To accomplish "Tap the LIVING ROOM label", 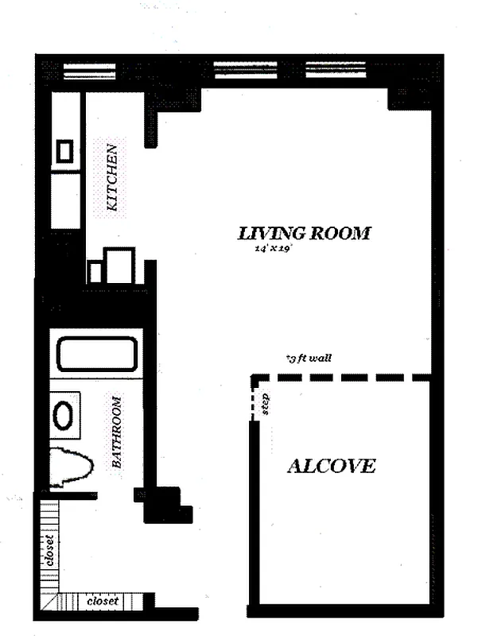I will (305, 234).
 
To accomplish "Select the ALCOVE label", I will (331, 467).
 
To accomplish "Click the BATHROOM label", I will (116, 432).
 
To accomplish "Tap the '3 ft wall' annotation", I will (309, 359).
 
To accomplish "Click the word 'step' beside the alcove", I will (266, 403).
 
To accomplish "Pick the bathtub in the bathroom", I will (96, 354).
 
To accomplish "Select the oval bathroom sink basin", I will (64, 415).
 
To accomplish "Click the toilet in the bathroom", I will (70, 467).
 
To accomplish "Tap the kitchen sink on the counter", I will (65, 151).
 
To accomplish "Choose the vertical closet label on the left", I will (50, 549).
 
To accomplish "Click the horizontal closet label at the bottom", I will (103, 602).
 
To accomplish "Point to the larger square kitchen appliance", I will (120, 265).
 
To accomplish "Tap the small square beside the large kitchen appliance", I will (95, 272).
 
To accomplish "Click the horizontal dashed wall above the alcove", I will (342, 378).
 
